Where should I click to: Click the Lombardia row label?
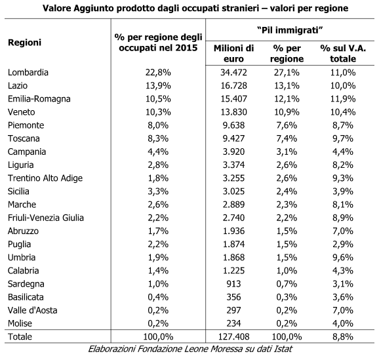(28, 72)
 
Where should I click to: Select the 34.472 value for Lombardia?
(233, 72)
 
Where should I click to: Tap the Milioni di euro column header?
(233, 53)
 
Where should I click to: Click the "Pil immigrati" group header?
(290, 30)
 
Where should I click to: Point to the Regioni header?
(25, 43)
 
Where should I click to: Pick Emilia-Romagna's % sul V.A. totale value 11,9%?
(343, 98)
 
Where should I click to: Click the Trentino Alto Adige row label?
(45, 178)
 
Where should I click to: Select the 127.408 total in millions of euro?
(233, 336)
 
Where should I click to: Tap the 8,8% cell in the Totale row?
(343, 336)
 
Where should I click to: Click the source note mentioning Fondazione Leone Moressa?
(190, 349)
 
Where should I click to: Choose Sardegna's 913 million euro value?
(233, 283)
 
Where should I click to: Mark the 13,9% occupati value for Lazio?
(158, 86)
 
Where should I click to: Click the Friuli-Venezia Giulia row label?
(46, 218)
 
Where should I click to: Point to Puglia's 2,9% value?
(343, 244)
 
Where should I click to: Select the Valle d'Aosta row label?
(32, 310)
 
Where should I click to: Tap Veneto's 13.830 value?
(233, 112)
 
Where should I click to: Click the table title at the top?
(195, 9)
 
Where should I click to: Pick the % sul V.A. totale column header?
(343, 53)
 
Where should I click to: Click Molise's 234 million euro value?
(233, 323)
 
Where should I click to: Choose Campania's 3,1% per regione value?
(287, 151)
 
